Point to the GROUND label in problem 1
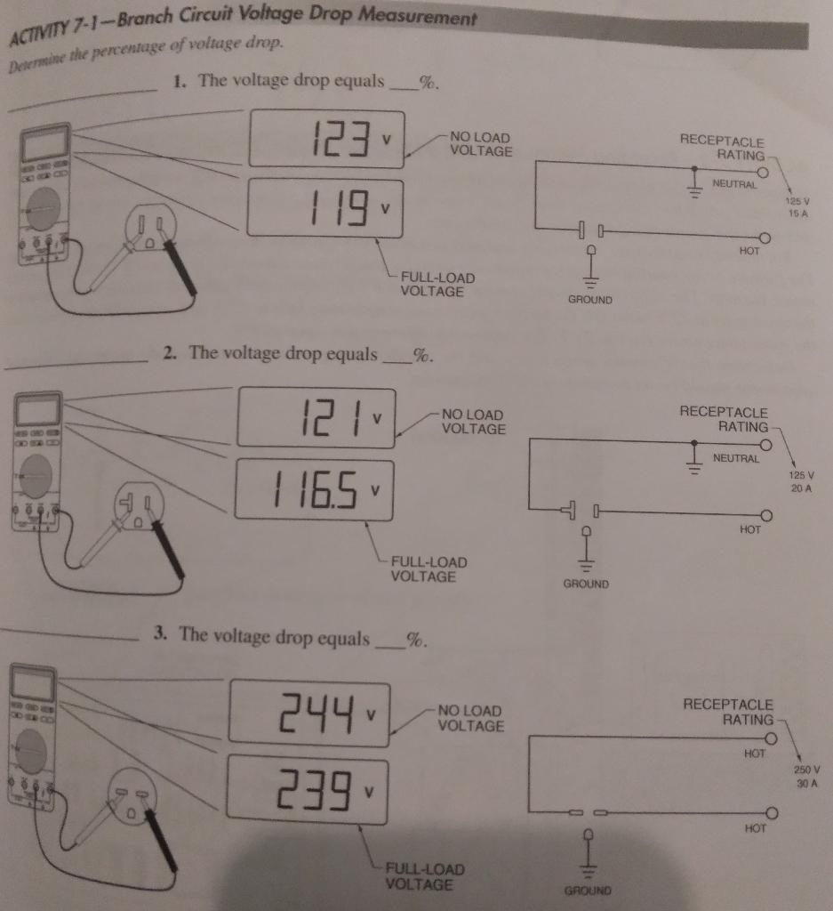[590, 300]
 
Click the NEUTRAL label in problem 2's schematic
[736, 459]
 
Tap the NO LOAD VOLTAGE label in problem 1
[481, 144]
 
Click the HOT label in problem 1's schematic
[749, 252]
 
